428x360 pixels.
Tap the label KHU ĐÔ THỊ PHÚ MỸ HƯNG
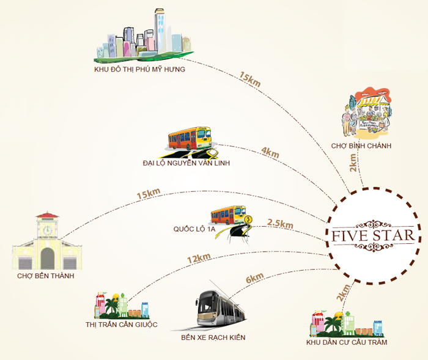(140, 70)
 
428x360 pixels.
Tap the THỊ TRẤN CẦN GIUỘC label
(122, 324)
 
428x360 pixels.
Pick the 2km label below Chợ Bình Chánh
(353, 165)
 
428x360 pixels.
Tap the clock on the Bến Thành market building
(47, 229)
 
